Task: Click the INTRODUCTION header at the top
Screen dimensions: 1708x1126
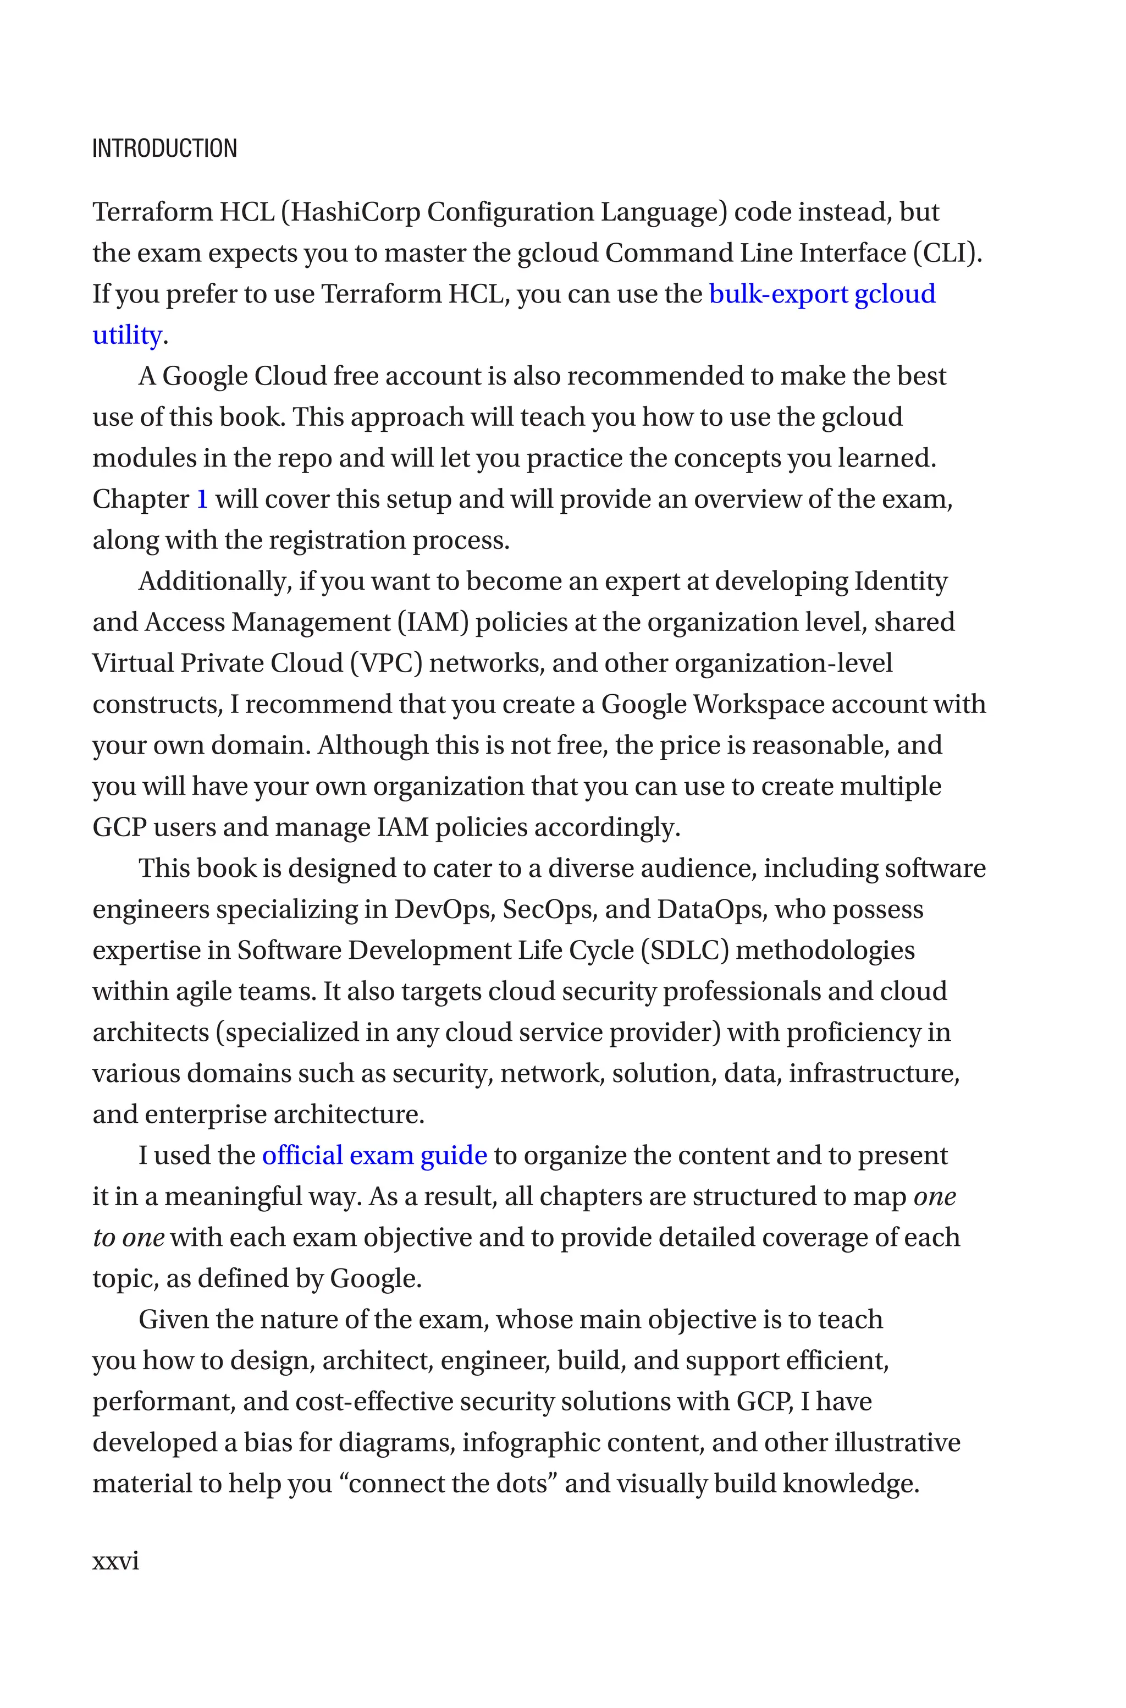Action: pos(164,149)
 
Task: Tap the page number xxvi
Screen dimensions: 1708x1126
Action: pos(115,1561)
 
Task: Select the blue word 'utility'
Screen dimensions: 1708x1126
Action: pos(127,334)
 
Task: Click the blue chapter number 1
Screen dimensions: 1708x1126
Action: pos(202,499)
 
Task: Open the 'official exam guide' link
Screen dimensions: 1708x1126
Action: pos(374,1156)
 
